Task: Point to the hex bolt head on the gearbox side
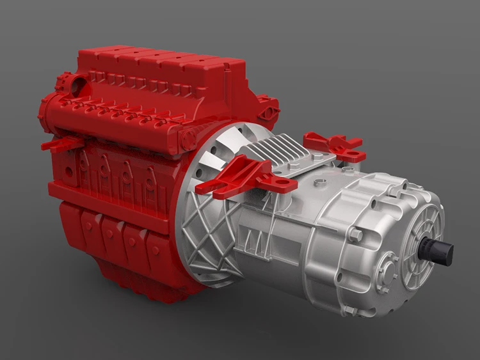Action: pyautogui.click(x=356, y=236)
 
